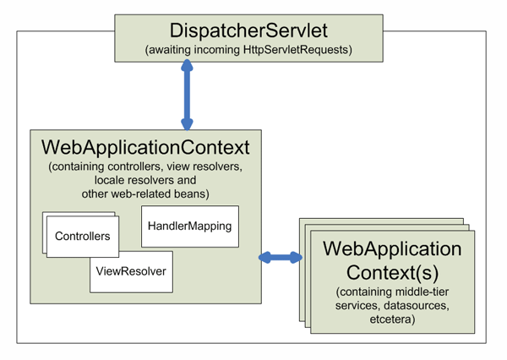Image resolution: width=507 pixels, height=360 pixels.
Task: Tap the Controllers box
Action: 82,237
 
